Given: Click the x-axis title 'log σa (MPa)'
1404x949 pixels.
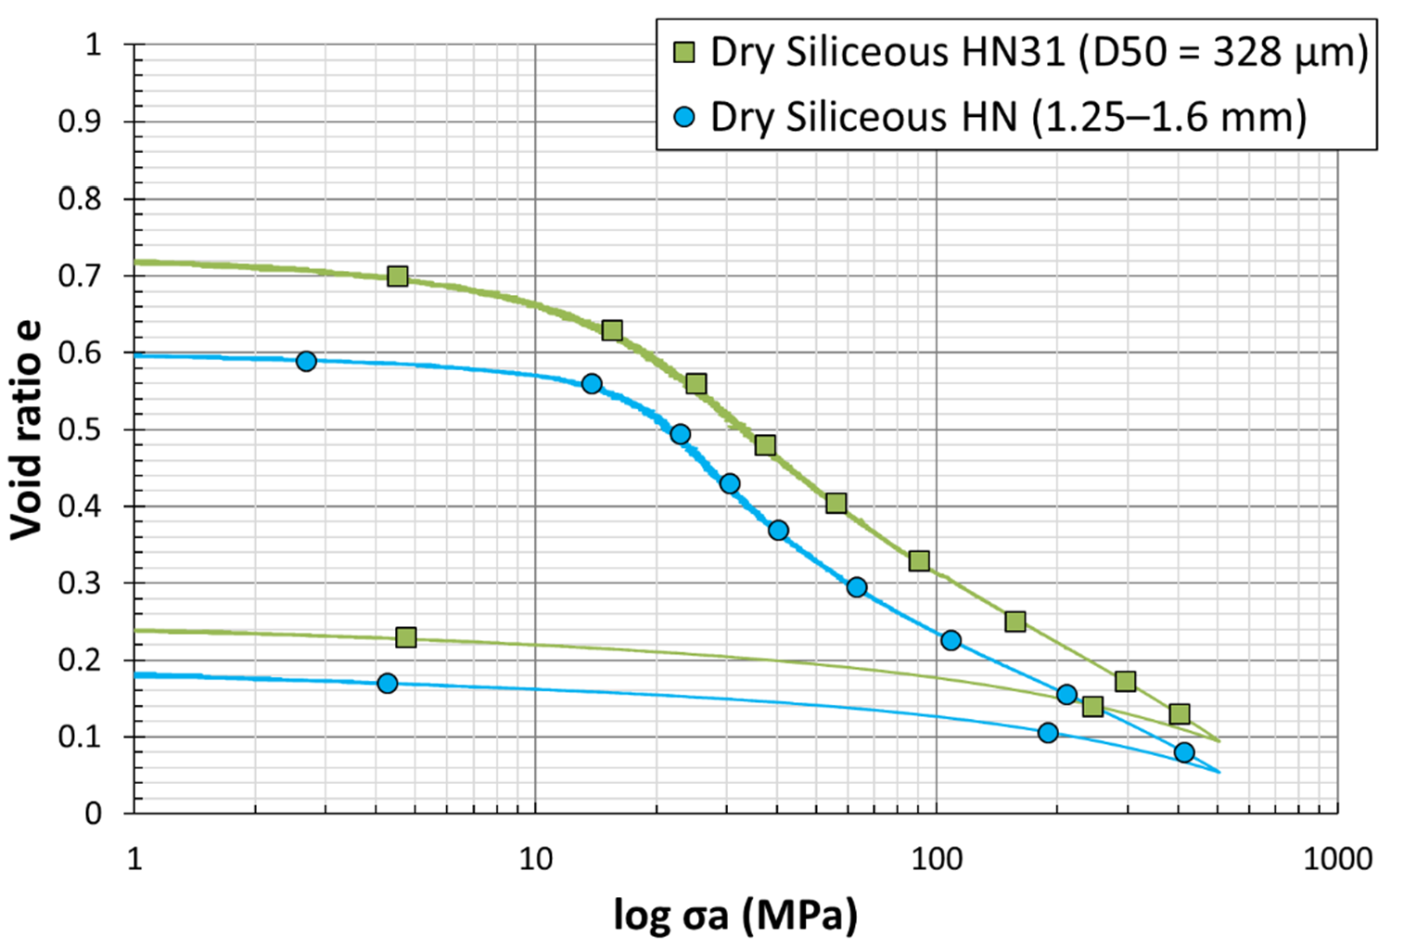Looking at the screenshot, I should (734, 916).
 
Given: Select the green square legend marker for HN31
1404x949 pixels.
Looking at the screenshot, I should (684, 53).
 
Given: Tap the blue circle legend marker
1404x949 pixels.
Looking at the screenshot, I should (684, 117).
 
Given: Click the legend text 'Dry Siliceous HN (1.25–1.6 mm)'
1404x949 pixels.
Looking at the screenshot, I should (1008, 118).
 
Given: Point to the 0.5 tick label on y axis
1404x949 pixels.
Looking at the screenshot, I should (80, 430).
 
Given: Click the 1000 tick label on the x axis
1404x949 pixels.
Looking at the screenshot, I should (1337, 859).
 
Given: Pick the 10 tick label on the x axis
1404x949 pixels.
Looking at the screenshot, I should (535, 859).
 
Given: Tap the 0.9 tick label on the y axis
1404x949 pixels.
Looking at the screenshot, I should (80, 122).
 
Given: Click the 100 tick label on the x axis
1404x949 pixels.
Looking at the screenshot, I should (936, 859).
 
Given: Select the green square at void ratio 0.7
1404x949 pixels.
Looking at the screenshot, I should (398, 276).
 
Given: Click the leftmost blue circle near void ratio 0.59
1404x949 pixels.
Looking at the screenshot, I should (306, 361).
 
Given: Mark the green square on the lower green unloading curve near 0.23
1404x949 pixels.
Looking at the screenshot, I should (405, 637).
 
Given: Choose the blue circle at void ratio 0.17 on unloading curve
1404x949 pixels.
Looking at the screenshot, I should (388, 683).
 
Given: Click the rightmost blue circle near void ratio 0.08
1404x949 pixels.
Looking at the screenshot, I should (1184, 752).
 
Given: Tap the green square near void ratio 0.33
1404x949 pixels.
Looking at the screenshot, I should (919, 560).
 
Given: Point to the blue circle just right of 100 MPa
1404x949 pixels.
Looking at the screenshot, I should (951, 640).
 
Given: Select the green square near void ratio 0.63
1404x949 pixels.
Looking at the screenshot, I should (612, 330).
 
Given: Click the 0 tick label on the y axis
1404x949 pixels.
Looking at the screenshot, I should (93, 814).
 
